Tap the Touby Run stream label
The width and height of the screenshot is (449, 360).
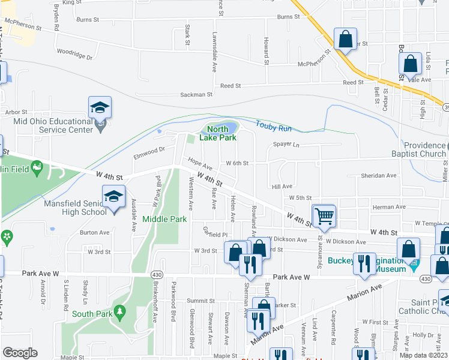(x=273, y=127)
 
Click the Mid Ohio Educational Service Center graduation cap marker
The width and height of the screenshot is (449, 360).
(x=100, y=108)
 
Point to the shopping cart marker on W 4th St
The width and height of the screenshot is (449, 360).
(x=324, y=216)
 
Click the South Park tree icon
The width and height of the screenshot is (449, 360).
(x=119, y=312)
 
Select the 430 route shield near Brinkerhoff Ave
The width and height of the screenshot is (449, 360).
(x=155, y=274)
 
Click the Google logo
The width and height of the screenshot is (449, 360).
(x=20, y=352)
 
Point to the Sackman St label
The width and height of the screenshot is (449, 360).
(x=197, y=95)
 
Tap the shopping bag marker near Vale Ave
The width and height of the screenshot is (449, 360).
(x=409, y=64)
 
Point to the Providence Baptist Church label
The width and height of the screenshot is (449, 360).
(x=424, y=149)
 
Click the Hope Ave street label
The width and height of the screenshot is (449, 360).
(x=200, y=164)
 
